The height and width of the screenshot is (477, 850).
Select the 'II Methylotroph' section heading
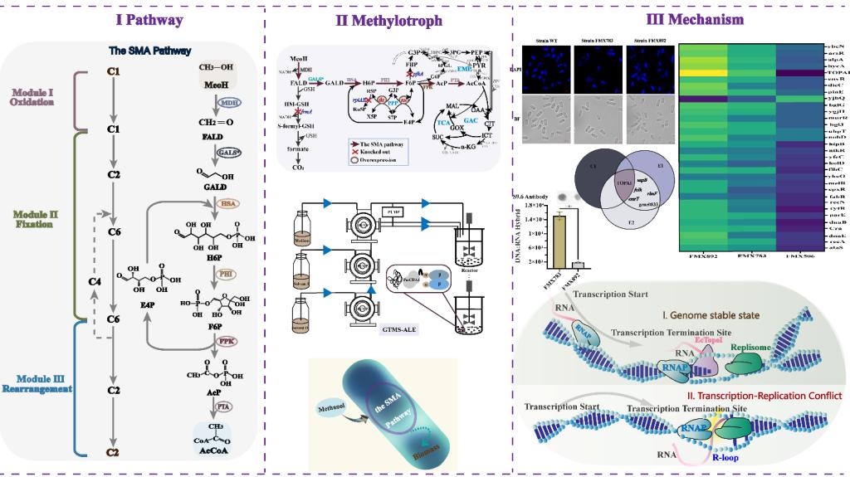tap(388, 19)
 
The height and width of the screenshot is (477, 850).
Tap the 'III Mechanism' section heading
tap(682, 19)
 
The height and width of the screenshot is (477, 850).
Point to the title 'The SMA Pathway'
tap(149, 51)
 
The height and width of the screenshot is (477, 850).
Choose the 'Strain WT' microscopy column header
tap(543, 39)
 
